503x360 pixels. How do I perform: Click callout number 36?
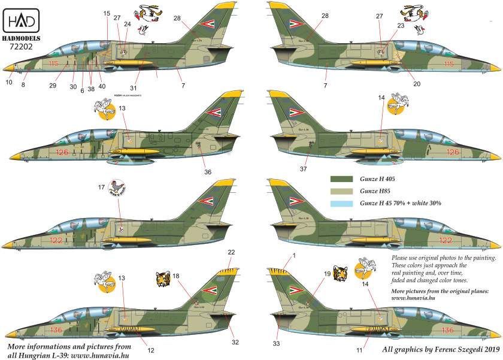[208, 173]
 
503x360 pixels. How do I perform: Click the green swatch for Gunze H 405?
[342, 179]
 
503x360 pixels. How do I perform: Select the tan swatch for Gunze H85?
[342, 192]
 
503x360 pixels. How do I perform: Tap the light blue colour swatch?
[342, 204]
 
